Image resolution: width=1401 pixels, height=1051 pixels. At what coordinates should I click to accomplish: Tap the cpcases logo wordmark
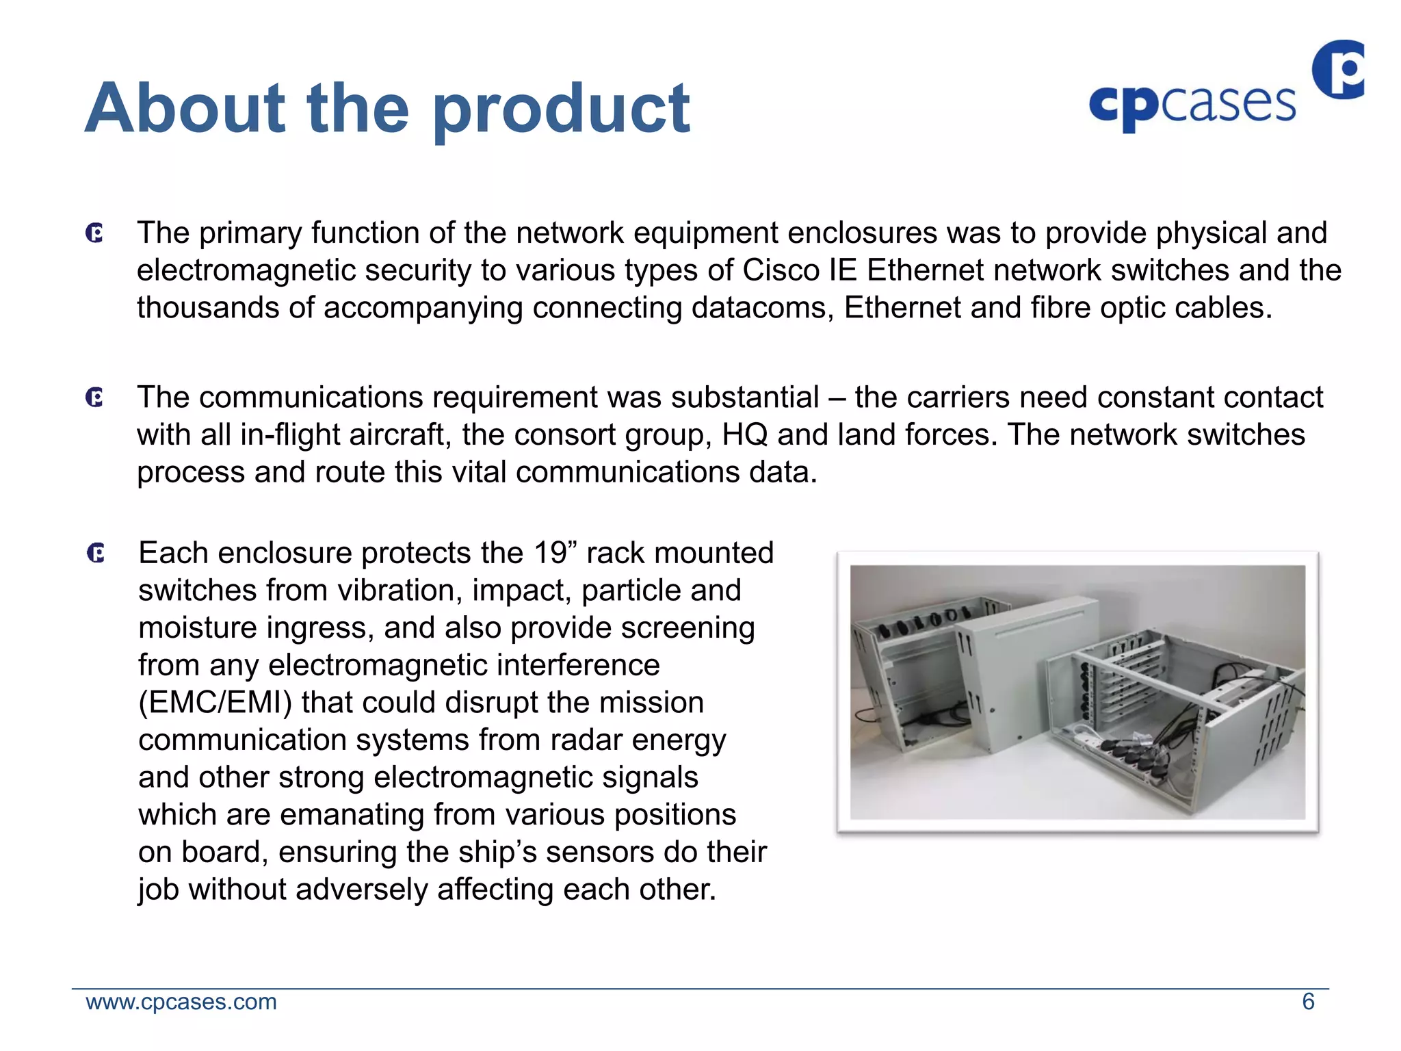[x=1192, y=105]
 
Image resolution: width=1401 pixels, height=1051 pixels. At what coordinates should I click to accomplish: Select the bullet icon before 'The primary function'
[x=95, y=233]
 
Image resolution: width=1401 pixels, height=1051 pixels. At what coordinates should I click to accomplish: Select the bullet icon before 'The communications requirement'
[x=95, y=398]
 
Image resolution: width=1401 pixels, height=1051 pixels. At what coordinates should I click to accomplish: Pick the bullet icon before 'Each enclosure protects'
[x=96, y=553]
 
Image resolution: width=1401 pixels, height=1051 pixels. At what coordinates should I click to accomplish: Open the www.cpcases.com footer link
[x=181, y=1002]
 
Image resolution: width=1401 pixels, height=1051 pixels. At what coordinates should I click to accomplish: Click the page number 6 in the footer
[x=1308, y=1002]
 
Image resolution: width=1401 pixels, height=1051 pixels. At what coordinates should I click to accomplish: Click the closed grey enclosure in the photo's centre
[x=1012, y=677]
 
